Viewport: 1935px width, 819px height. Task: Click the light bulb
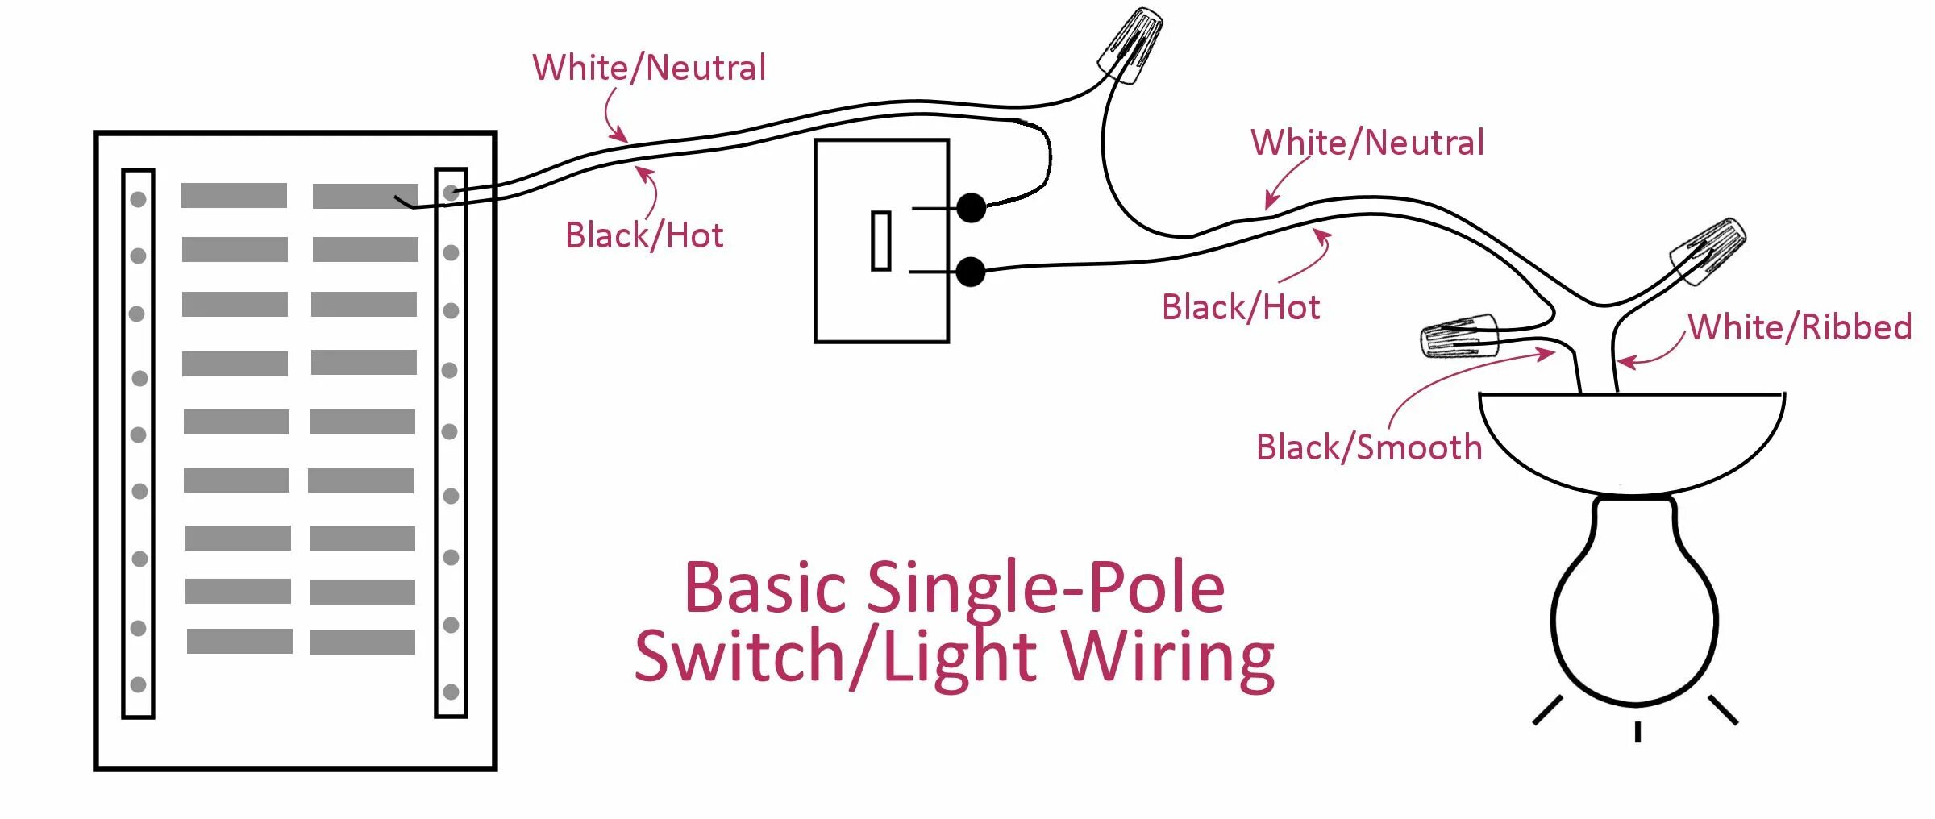click(1634, 613)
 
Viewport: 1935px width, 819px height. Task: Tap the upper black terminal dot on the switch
click(972, 208)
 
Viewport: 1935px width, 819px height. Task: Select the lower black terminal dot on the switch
click(972, 272)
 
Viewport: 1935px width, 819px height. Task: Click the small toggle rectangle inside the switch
click(881, 240)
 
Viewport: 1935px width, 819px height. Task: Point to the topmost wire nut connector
click(1131, 45)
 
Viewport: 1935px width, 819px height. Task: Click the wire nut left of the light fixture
click(1459, 335)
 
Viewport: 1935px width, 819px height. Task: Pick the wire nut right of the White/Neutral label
click(1708, 251)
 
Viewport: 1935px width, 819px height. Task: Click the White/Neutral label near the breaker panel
click(649, 68)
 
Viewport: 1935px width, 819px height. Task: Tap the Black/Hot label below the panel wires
click(644, 235)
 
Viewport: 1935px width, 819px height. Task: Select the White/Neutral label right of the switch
click(1367, 143)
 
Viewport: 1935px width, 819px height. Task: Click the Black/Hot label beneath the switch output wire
click(1241, 307)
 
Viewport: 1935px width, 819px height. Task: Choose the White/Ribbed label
click(1800, 327)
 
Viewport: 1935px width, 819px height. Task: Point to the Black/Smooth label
click(1369, 447)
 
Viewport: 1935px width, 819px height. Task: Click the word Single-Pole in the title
click(1046, 588)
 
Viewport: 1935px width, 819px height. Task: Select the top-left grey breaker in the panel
click(234, 195)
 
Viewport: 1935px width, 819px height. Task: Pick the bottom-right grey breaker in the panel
click(362, 642)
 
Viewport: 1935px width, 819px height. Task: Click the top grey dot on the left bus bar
click(138, 199)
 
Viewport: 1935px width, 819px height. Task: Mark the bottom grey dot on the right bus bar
click(451, 692)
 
